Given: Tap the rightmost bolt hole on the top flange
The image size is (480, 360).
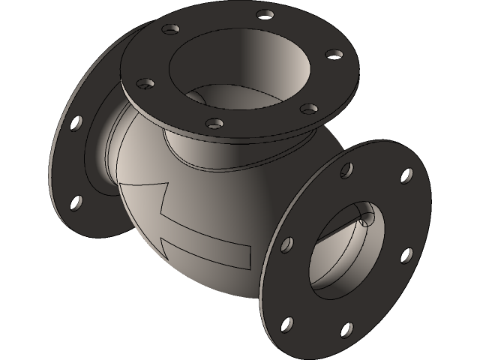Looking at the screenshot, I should point(331,54).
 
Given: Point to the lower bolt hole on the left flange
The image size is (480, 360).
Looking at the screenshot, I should point(76,201).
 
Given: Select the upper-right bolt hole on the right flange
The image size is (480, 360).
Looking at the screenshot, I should point(406,175).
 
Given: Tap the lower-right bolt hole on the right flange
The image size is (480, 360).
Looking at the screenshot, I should point(406,255).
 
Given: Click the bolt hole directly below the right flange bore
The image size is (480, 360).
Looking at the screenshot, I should point(347,328).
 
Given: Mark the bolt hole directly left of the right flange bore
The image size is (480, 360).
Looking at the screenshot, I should point(286,244).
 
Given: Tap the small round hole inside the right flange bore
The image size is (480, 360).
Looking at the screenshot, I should point(367,219).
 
